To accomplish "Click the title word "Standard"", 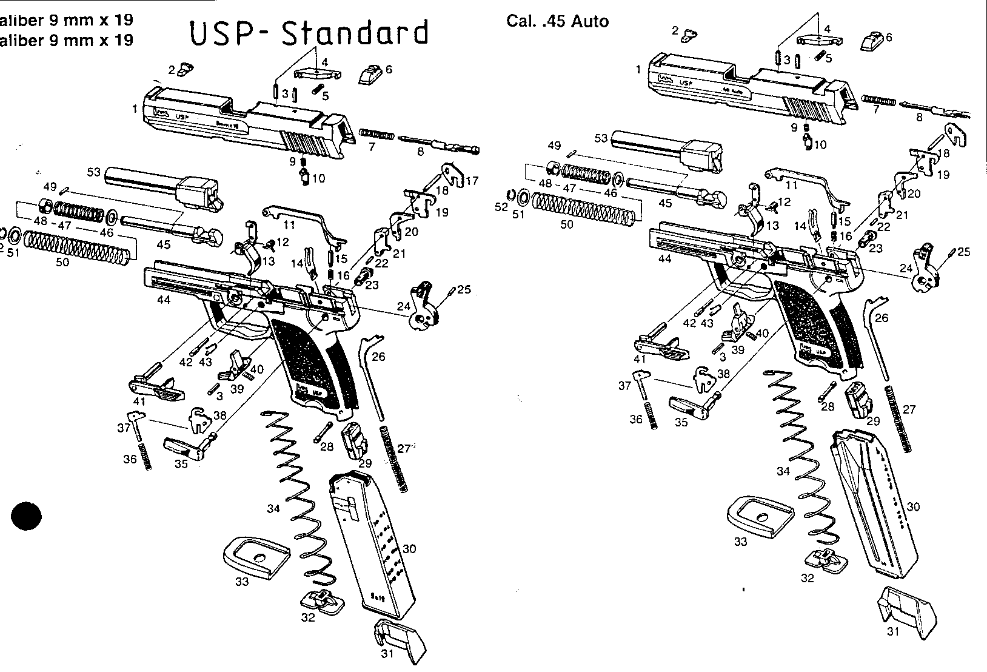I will [356, 33].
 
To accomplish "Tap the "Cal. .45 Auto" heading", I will [557, 22].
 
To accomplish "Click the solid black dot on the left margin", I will [26, 516].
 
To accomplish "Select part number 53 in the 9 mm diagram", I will [94, 172].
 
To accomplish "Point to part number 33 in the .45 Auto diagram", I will [740, 542].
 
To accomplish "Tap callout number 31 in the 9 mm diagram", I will [387, 654].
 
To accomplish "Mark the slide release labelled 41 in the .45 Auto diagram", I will [663, 342].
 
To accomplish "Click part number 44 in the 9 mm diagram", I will [164, 300].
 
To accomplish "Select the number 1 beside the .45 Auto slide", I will [638, 70].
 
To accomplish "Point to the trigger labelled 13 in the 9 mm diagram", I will [252, 253].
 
